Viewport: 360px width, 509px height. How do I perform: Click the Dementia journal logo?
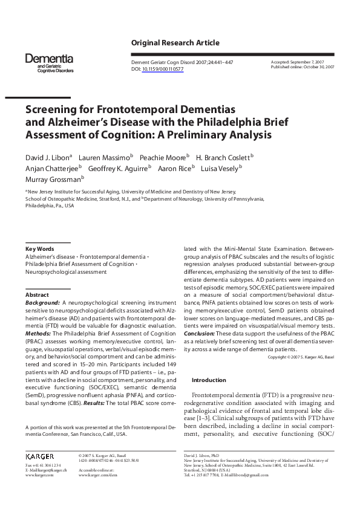point(49,62)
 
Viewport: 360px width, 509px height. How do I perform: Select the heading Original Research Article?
point(175,43)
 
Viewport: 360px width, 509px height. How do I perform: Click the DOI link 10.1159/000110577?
point(162,70)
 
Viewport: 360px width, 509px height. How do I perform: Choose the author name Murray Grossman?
point(54,179)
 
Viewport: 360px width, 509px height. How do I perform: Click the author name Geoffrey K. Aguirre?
point(119,167)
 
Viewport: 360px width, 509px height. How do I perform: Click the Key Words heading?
point(39,249)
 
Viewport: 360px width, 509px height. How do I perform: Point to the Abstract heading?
point(37,294)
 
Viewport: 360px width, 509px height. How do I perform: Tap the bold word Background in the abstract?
point(41,302)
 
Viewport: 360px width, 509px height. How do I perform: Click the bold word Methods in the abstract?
point(38,333)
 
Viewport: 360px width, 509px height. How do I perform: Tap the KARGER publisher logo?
point(40,455)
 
